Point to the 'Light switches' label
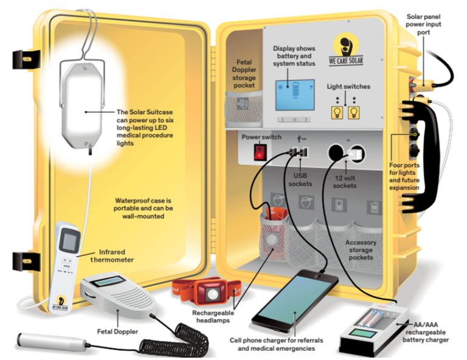(x=348, y=86)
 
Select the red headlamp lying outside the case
(x=209, y=291)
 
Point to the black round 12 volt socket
(x=335, y=151)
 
